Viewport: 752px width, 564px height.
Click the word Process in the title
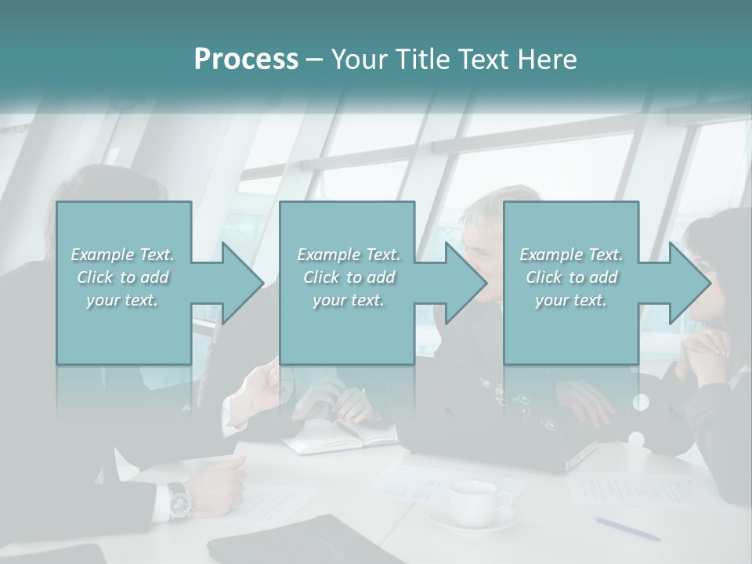(x=246, y=60)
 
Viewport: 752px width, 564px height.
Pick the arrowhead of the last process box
(x=690, y=283)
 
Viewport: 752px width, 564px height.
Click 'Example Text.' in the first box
(x=122, y=255)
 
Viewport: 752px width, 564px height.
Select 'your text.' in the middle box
(x=348, y=300)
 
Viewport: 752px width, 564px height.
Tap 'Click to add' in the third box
(x=572, y=277)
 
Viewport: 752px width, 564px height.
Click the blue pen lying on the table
(x=627, y=529)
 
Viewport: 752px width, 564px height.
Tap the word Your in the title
(x=358, y=60)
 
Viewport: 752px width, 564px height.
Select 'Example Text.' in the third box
(x=571, y=255)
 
